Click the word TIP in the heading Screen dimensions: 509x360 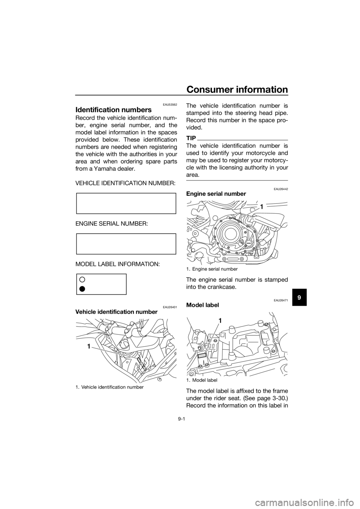click(191, 139)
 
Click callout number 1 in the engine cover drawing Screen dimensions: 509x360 click(261, 207)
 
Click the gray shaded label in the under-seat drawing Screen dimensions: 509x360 click(201, 356)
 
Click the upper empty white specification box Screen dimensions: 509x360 click(126, 203)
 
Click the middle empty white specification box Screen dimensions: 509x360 click(126, 244)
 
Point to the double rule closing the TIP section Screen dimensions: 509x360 click(237, 181)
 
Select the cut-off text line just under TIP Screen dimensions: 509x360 click(237, 144)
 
